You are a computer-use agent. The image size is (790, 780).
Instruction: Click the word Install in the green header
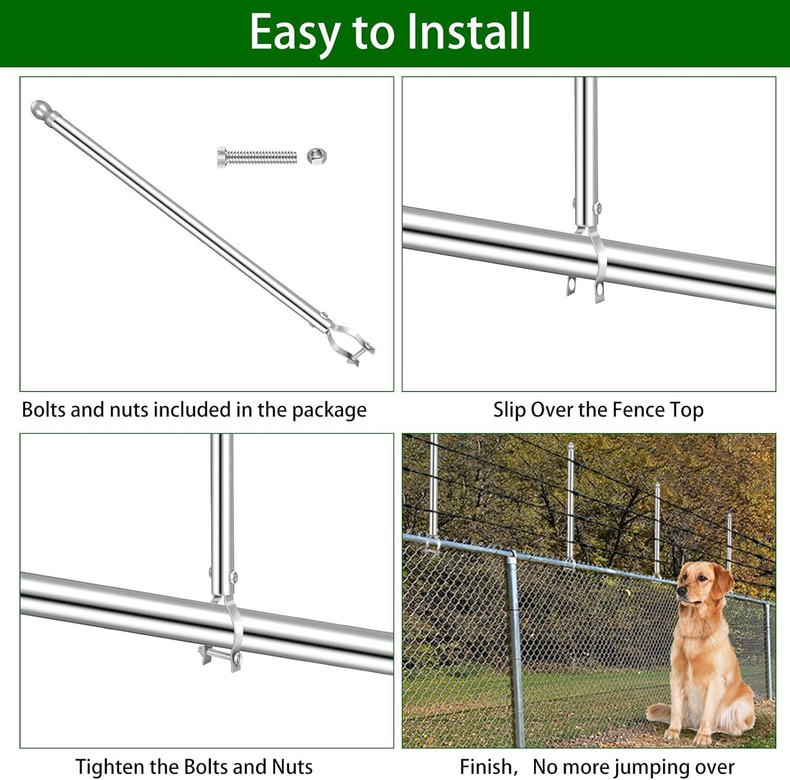tap(469, 32)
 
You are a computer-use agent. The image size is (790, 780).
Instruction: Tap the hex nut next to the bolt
tap(316, 156)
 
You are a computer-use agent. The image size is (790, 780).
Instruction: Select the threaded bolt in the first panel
tap(257, 157)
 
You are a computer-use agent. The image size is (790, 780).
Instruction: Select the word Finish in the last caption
tap(486, 766)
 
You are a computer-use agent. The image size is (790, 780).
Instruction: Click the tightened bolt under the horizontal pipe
tap(220, 656)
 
